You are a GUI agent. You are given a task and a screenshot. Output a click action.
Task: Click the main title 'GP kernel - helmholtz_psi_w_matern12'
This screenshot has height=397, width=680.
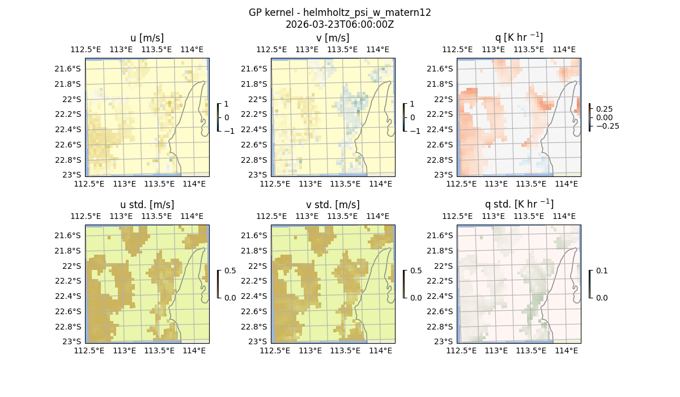point(339,12)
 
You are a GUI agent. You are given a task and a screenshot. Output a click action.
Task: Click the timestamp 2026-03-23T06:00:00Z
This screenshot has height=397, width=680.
point(339,24)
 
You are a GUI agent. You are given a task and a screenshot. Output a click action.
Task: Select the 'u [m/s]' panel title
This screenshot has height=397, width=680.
point(147,38)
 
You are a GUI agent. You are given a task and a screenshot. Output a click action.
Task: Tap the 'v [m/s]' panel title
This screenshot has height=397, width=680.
point(333,38)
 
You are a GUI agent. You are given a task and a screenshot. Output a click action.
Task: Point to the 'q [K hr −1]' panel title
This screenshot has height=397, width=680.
point(518,37)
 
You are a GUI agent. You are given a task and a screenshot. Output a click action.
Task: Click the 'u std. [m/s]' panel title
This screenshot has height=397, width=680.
point(147,205)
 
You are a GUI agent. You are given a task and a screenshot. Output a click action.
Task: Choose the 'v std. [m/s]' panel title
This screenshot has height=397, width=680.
point(333,205)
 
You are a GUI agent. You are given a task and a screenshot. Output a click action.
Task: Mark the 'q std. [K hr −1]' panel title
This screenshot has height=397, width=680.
point(518,204)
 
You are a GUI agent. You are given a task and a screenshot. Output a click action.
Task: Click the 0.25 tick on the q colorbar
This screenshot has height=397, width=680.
point(604,109)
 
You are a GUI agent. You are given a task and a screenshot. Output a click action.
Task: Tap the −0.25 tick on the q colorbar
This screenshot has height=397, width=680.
point(606,126)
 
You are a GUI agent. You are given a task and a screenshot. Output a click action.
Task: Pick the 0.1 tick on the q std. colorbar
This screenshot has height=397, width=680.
point(601,271)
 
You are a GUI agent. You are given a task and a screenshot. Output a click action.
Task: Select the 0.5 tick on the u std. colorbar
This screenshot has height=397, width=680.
point(230,271)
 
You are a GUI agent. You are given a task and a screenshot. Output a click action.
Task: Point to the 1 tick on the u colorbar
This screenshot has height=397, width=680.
point(227,104)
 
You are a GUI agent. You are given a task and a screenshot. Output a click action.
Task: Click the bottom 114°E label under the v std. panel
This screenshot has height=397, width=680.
point(380,350)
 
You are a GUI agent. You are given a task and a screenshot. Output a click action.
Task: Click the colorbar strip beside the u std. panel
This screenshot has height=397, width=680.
point(218,284)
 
